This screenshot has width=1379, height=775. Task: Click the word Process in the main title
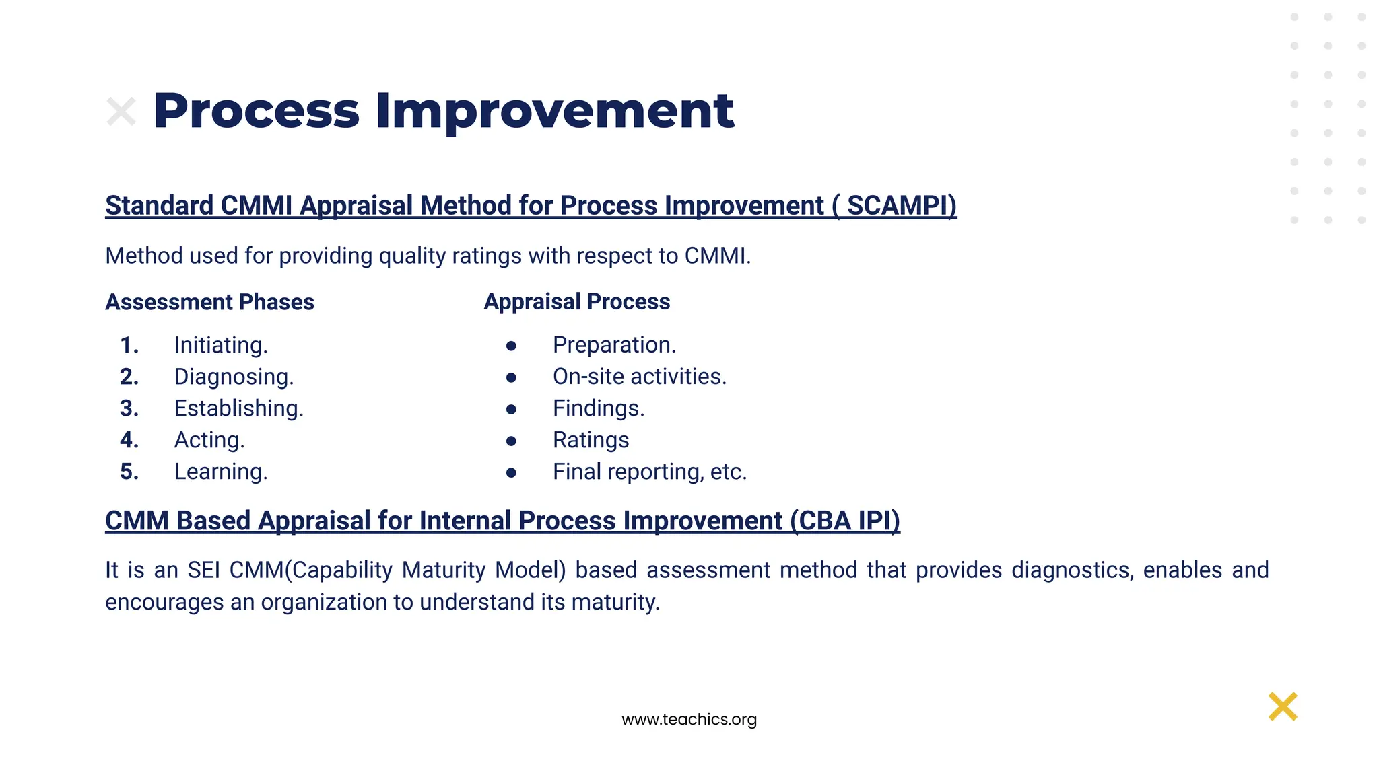coord(256,111)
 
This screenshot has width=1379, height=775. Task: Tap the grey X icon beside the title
coord(121,112)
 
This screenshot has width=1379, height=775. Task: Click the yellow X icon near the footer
coord(1283,706)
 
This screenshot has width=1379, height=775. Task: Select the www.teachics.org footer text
coord(689,719)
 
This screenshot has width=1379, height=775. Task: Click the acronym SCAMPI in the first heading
coord(901,206)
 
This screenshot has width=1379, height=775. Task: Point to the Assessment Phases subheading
coord(209,302)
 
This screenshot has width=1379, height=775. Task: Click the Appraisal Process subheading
coord(576,301)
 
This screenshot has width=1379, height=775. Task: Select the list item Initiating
coord(220,345)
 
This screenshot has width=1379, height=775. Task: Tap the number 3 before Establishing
coord(129,408)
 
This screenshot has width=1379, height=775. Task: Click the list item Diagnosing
coord(234,377)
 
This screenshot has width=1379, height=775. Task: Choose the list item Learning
coord(220,472)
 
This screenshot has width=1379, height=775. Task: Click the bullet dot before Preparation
coord(511,346)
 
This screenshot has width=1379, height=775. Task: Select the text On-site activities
coord(639,377)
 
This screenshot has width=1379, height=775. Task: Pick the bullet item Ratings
coord(591,440)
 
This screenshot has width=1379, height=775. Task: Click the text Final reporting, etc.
coord(649,472)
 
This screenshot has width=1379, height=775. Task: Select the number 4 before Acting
coord(129,440)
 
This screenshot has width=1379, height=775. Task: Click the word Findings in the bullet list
coord(598,408)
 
